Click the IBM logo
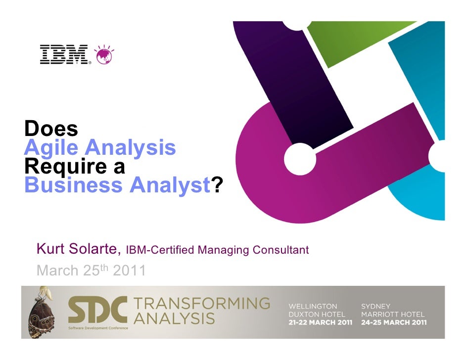[64, 54]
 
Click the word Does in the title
[51, 129]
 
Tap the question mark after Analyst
[217, 186]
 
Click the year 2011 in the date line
[130, 270]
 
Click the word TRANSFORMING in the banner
[202, 303]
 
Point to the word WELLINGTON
[313, 307]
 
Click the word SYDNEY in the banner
[375, 307]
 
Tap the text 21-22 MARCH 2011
[321, 322]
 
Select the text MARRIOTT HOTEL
[393, 315]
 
